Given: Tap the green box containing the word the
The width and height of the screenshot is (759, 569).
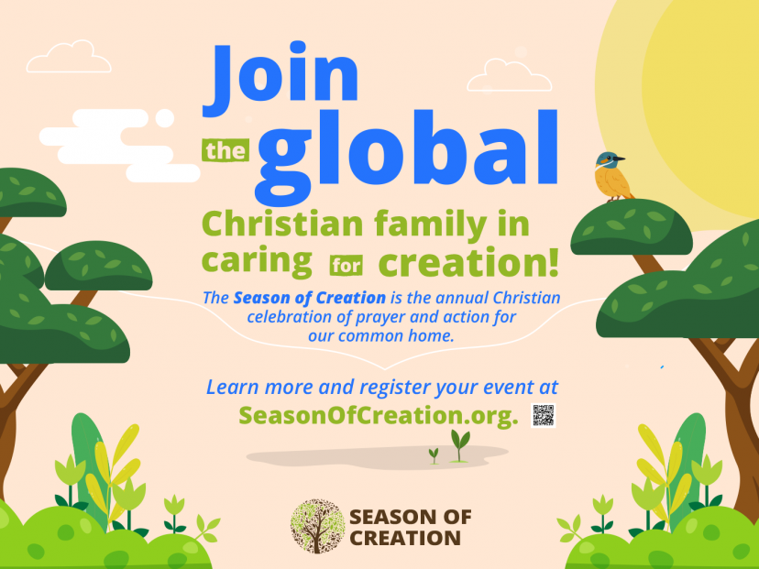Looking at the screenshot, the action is pyautogui.click(x=225, y=150).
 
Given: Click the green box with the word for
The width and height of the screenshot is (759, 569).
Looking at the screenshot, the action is pyautogui.click(x=346, y=265).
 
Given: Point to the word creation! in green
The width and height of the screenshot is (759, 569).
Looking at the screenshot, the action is pyautogui.click(x=468, y=262).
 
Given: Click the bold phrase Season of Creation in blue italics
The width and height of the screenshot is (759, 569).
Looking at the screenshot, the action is pyautogui.click(x=309, y=298).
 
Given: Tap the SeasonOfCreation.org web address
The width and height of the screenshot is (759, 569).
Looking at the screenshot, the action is pyautogui.click(x=379, y=415).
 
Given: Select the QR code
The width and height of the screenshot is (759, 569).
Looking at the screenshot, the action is pyautogui.click(x=543, y=415).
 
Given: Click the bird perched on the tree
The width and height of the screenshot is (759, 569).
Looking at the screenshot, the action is pyautogui.click(x=612, y=177).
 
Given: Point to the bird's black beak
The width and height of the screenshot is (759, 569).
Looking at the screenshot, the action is pyautogui.click(x=620, y=159).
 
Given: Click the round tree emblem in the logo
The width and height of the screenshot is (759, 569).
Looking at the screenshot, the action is pyautogui.click(x=317, y=527).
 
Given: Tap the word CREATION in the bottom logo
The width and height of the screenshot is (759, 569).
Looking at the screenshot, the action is pyautogui.click(x=405, y=538).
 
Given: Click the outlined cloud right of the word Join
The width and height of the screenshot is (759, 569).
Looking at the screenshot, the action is pyautogui.click(x=510, y=75).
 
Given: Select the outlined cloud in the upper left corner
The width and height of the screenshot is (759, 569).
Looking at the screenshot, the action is pyautogui.click(x=69, y=57).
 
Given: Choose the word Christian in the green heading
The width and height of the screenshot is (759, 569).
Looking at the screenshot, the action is pyautogui.click(x=282, y=224).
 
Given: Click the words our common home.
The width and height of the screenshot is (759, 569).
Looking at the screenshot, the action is pyautogui.click(x=381, y=335).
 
